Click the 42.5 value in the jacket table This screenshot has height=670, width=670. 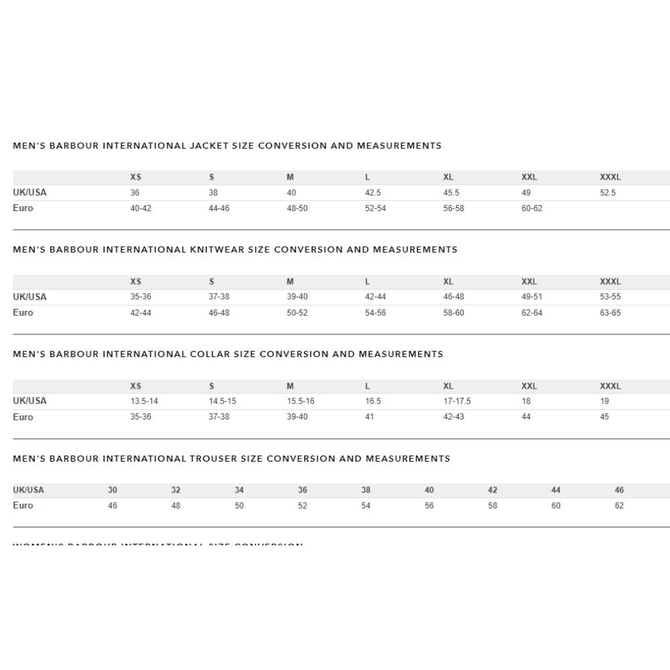373,193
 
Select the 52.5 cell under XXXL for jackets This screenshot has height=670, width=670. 608,193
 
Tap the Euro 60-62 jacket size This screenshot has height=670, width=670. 532,208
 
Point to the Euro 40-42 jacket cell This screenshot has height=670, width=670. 141,208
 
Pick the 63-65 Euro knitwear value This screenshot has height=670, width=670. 610,313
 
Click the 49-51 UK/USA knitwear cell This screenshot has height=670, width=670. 532,297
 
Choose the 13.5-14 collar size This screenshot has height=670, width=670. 144,401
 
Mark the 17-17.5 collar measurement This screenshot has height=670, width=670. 457,401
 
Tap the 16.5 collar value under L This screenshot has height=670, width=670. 373,401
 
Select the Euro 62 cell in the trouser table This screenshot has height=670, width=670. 619,506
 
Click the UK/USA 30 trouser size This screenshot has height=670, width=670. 113,490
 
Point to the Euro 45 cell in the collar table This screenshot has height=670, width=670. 604,417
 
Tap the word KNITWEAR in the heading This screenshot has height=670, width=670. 218,249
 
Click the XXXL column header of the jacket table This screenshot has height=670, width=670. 610,178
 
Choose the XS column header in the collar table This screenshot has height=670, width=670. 136,386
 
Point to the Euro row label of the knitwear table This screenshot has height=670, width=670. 23,313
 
